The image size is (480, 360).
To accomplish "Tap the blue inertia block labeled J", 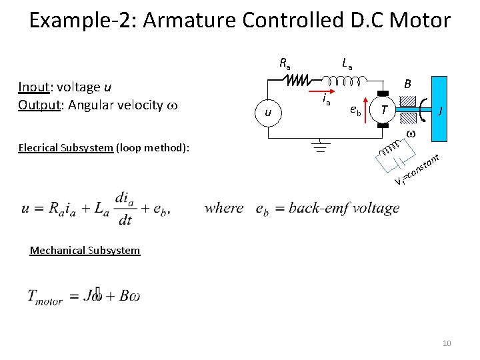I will click(x=439, y=110).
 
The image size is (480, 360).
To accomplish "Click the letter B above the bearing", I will click(x=407, y=85).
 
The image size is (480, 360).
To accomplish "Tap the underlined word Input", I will click(x=32, y=87).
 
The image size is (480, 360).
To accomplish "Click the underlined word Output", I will click(x=37, y=105).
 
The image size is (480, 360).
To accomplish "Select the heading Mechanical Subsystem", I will click(x=85, y=251).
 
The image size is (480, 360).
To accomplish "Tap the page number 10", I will click(x=447, y=343).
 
